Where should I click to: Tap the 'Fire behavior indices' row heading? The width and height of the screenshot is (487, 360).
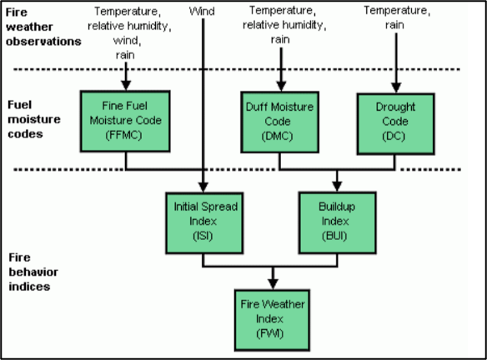click(x=32, y=271)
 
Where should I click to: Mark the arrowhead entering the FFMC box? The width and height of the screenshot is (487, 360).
click(x=125, y=85)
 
